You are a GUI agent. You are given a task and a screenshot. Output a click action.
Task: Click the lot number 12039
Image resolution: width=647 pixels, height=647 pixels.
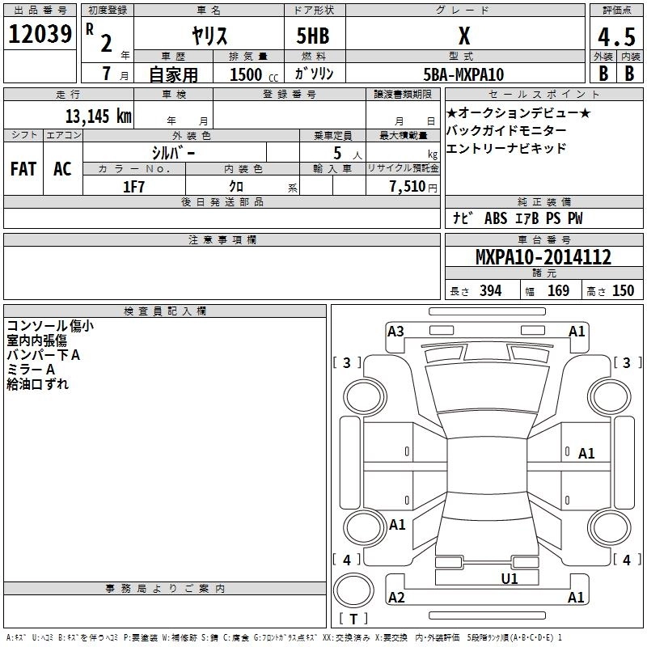pos(40,34)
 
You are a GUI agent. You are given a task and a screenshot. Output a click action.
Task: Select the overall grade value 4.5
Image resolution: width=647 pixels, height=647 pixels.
pos(616,36)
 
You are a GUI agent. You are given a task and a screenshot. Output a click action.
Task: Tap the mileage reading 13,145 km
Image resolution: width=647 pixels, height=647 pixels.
pos(99,116)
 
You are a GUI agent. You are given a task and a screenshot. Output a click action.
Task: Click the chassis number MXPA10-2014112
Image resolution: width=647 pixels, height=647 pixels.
pos(543,257)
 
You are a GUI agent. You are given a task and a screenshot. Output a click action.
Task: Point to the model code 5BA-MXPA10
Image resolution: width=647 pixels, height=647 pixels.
pos(463,74)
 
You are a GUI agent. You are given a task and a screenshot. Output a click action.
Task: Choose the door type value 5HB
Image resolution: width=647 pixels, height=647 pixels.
pos(313,36)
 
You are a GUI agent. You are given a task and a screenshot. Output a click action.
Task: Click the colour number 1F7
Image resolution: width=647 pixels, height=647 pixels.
pos(133,187)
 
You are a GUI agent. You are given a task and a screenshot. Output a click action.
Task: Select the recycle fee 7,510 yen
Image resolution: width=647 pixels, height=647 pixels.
pos(413,187)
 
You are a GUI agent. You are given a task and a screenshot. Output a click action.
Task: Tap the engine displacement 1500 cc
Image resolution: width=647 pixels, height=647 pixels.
pos(254,74)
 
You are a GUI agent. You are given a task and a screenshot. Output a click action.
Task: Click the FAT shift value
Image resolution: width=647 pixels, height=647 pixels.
pos(23,169)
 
